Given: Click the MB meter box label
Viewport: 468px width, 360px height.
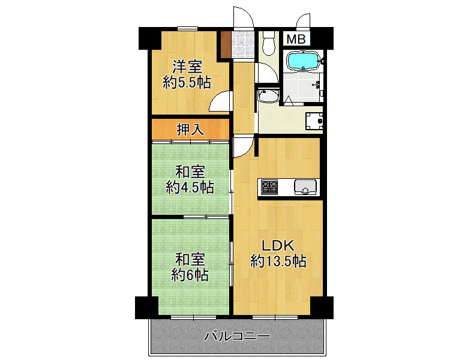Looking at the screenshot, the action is point(296,39).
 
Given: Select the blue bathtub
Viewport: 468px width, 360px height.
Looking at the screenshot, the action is point(303,61).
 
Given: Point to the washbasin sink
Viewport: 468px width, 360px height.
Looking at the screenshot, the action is point(268,95).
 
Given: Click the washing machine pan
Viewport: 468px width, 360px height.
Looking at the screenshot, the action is point(314,121).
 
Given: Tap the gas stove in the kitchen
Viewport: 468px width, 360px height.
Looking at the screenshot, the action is point(269,187).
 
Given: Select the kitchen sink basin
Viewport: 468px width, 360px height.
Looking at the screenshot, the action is point(305,187).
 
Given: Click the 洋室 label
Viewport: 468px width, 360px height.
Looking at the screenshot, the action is point(187,67).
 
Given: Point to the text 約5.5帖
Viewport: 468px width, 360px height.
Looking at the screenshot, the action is point(187,82).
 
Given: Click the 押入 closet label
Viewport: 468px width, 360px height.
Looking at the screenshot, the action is point(190,130).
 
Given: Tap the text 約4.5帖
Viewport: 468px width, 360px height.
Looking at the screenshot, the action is point(190,187).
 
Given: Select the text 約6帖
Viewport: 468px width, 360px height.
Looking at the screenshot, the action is point(190,275).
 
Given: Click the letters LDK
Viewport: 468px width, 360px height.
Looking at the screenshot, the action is point(278,245).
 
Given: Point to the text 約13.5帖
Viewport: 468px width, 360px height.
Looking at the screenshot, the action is point(278,261).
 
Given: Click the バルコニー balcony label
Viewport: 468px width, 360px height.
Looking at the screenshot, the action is point(237,337).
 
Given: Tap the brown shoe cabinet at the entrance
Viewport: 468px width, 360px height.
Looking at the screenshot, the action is point(226,44).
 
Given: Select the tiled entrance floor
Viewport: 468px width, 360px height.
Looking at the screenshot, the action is point(242,44).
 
